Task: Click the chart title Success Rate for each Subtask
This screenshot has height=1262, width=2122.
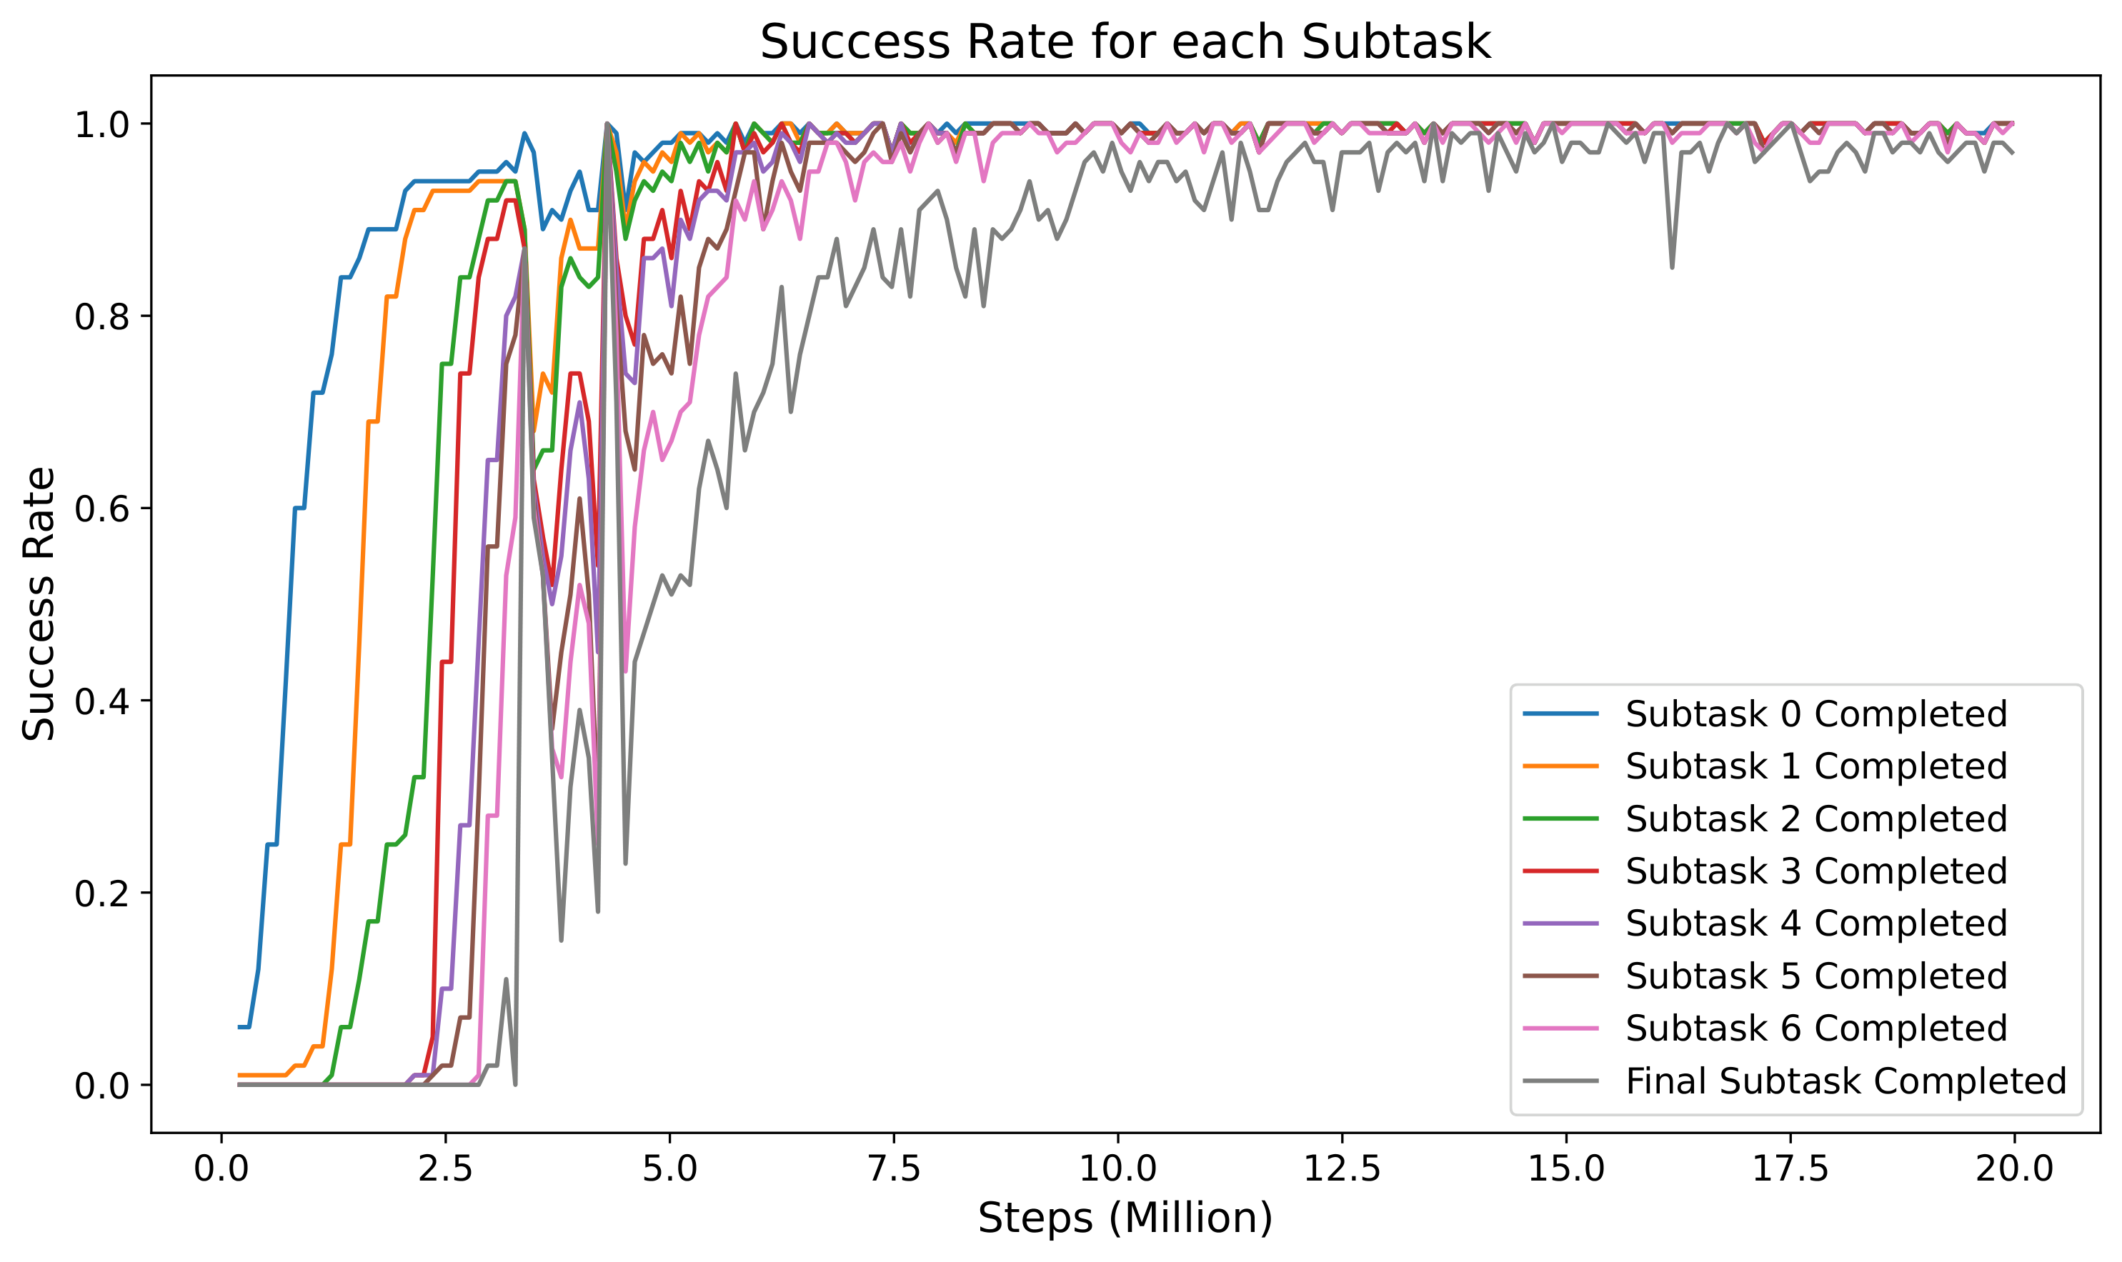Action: (1125, 43)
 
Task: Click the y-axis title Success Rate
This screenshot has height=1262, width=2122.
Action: (39, 604)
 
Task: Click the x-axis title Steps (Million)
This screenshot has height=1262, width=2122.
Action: (1125, 1218)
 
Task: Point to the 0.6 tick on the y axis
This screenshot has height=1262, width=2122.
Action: (100, 509)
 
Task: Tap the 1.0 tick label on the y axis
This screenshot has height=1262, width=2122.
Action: (100, 125)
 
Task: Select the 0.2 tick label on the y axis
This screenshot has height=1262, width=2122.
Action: (100, 893)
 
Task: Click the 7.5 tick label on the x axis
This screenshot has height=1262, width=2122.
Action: (894, 1169)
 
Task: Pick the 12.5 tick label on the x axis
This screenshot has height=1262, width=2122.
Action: (1342, 1169)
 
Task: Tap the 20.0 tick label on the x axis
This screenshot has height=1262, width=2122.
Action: (2013, 1169)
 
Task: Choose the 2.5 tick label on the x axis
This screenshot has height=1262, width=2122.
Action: (446, 1169)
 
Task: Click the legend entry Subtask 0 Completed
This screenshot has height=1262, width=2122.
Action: (1815, 714)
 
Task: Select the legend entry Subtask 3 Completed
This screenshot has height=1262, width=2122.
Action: (1815, 871)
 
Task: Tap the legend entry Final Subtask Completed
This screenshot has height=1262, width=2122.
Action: (1845, 1081)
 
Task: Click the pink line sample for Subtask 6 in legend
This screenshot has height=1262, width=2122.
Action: (1560, 1029)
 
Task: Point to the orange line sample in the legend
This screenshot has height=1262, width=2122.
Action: (1560, 766)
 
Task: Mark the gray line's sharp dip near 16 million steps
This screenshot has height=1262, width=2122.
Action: (1672, 267)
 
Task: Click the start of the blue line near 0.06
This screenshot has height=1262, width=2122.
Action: (240, 1027)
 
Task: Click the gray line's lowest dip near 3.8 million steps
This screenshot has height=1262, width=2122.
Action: (562, 940)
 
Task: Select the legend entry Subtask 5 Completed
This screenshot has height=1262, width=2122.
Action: (1815, 976)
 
